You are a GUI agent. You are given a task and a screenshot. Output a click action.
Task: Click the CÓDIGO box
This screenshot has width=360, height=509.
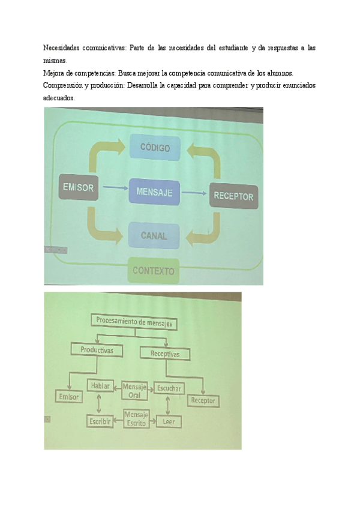click(x=155, y=148)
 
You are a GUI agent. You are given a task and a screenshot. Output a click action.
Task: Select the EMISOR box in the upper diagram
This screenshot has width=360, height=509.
click(x=78, y=188)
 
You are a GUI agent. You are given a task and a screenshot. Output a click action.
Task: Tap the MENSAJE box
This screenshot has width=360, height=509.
click(x=154, y=192)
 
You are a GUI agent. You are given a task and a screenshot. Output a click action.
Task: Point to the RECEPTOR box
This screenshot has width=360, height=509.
click(x=233, y=196)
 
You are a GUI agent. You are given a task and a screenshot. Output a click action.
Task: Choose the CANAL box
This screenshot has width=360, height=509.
click(x=154, y=235)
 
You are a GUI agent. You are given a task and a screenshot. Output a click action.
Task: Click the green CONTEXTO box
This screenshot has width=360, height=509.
click(x=153, y=271)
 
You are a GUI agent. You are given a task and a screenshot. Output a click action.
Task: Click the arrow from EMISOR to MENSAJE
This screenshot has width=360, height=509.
click(x=115, y=188)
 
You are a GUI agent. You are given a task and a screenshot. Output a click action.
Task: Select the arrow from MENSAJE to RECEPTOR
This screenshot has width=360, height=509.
click(x=194, y=193)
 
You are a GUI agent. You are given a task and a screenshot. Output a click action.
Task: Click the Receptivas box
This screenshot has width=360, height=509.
click(x=164, y=354)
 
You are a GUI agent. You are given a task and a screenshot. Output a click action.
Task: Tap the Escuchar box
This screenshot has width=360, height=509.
click(x=169, y=389)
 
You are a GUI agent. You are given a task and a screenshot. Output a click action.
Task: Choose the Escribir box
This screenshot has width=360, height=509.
click(x=100, y=421)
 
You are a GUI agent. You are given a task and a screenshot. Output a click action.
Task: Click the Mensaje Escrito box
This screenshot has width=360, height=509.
click(x=136, y=419)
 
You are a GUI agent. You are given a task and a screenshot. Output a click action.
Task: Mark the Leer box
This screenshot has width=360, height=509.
click(x=169, y=422)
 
